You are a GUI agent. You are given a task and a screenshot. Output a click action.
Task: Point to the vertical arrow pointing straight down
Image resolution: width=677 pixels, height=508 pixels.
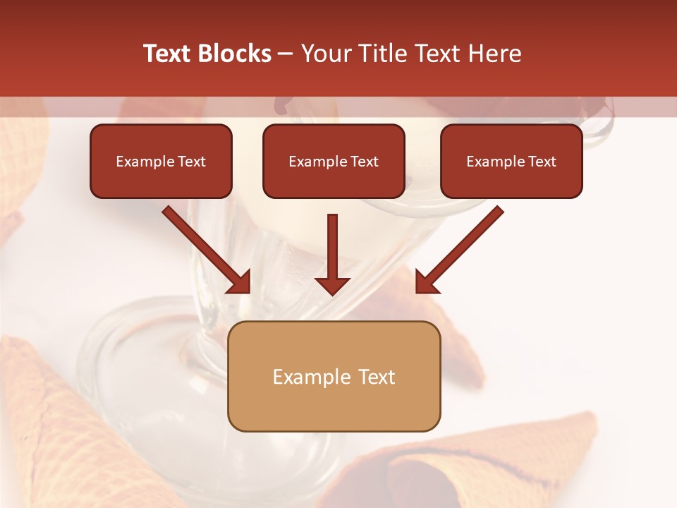(333, 247)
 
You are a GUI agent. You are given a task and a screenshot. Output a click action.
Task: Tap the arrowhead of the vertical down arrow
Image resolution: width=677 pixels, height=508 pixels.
(333, 285)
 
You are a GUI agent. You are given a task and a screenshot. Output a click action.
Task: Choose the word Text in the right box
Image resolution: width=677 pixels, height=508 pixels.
(542, 162)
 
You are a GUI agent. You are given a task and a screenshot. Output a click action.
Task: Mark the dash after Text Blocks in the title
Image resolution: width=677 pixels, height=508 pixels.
(286, 54)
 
